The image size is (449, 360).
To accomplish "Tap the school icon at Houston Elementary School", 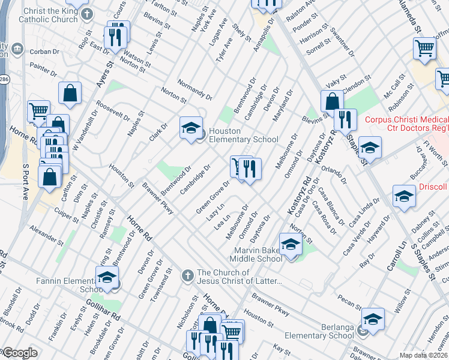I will point(191,128).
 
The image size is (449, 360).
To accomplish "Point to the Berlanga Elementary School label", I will point(319,331).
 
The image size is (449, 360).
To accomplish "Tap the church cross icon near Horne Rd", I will point(187,275).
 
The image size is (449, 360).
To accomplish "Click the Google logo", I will point(19,353).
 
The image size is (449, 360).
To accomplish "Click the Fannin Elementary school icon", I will point(107,277).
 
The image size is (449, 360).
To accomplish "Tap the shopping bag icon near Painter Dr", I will point(70,93).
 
